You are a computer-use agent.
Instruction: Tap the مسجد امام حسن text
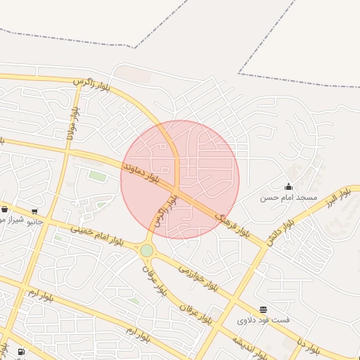coord(289,198)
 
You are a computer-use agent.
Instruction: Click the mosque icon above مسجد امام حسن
coord(288,186)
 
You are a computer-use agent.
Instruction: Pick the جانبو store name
coord(34,221)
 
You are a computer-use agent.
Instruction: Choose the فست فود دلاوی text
coord(263,320)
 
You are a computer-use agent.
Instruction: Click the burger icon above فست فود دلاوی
coord(263,309)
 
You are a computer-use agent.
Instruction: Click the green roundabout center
coord(146,251)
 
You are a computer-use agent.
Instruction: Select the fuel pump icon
coord(21,352)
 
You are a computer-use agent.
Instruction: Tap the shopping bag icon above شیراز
coord(4,209)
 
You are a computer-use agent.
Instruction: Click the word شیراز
coord(10,219)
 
